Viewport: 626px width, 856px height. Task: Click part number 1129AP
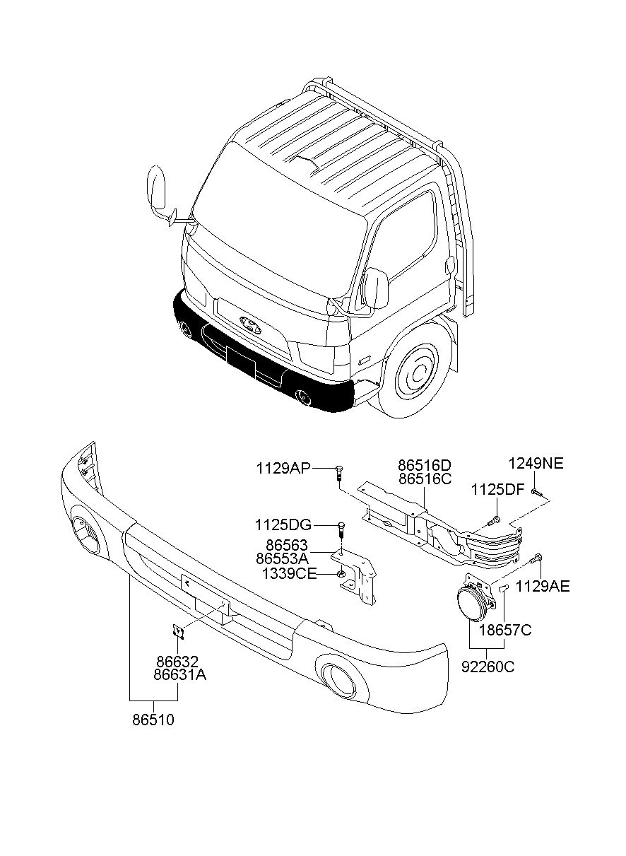(x=283, y=469)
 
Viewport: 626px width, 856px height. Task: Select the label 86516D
(x=425, y=465)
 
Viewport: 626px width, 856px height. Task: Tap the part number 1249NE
(x=536, y=464)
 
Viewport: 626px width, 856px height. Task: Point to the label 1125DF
(x=497, y=490)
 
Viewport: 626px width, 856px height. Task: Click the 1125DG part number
(x=283, y=525)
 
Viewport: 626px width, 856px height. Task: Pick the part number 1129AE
(x=543, y=586)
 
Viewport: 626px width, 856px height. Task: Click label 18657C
(x=506, y=630)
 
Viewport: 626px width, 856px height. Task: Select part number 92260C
(x=488, y=667)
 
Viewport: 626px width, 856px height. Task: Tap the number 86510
(x=153, y=720)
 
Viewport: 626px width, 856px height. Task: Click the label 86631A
(x=180, y=675)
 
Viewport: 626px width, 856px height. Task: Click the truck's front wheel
(x=416, y=373)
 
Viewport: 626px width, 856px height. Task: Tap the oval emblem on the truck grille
(x=250, y=325)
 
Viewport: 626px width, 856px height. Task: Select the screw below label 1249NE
(x=537, y=493)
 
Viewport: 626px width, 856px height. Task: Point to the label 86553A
(x=282, y=558)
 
